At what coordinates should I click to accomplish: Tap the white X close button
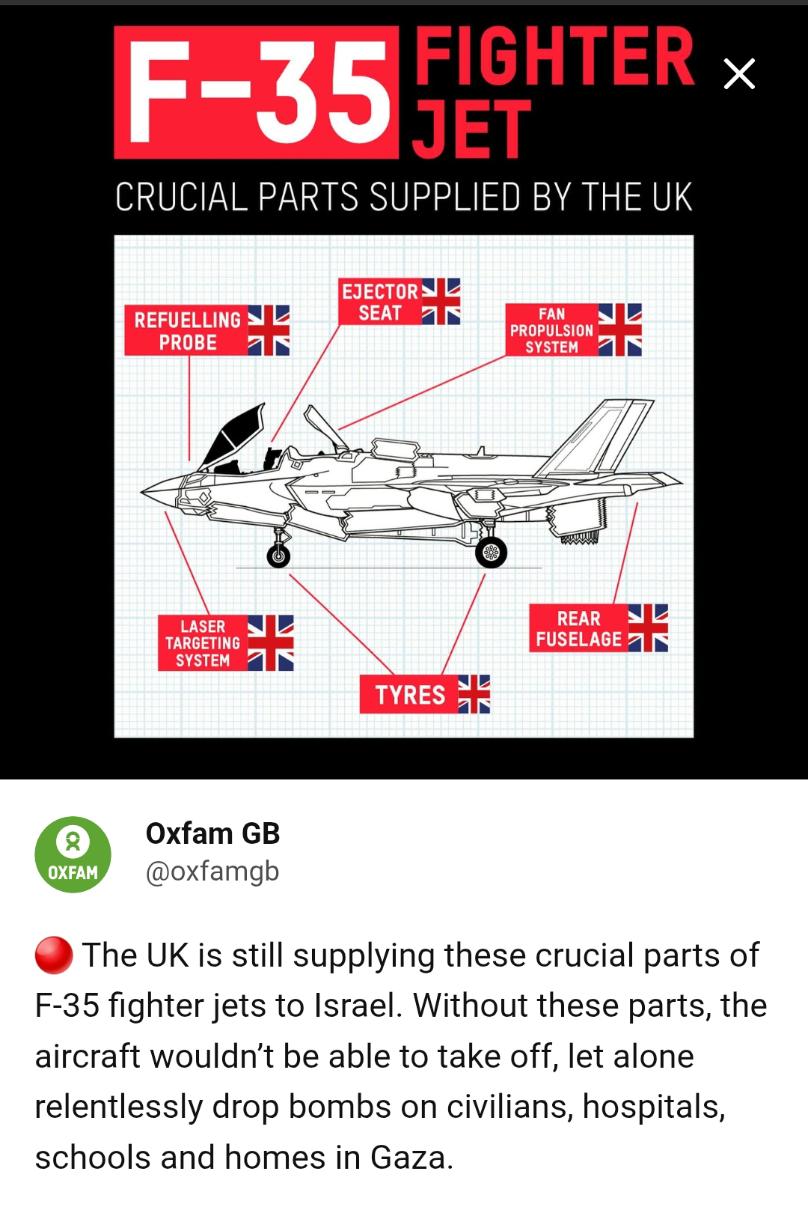pyautogui.click(x=739, y=74)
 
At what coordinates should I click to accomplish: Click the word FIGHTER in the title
pyautogui.click(x=554, y=56)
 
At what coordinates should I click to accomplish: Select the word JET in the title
pyautogui.click(x=471, y=129)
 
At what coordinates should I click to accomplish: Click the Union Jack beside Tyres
pyautogui.click(x=474, y=694)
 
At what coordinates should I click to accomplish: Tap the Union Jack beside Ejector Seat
pyautogui.click(x=441, y=302)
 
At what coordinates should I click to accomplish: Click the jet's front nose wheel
pyautogui.click(x=278, y=556)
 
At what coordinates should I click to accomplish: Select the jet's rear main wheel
pyautogui.click(x=491, y=552)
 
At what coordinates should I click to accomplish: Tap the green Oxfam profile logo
pyautogui.click(x=73, y=854)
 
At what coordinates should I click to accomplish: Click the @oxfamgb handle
pyautogui.click(x=212, y=871)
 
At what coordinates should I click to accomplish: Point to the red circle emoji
pyautogui.click(x=54, y=955)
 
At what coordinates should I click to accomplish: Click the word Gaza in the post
pyautogui.click(x=411, y=1158)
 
